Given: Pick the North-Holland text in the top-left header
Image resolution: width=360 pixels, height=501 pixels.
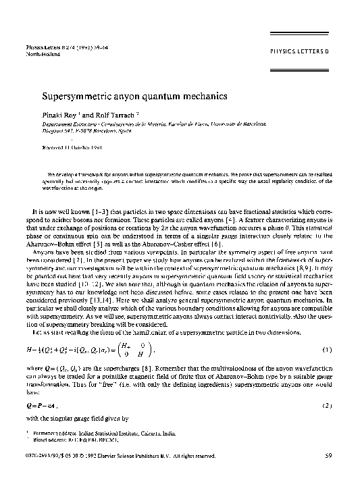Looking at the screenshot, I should (x=43, y=53).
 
